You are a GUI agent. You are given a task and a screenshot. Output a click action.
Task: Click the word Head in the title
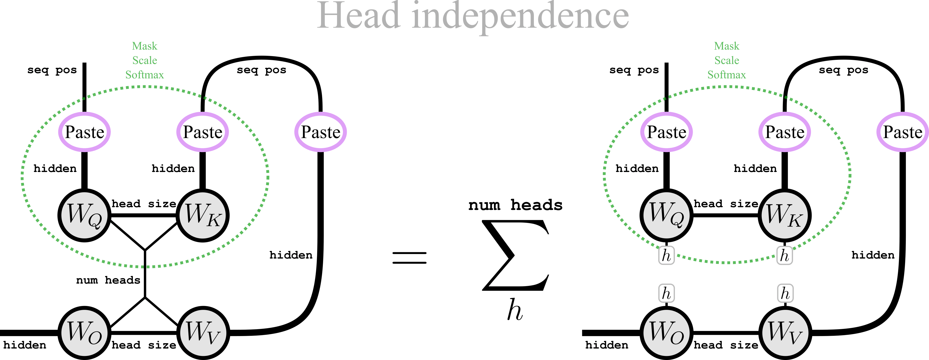(x=359, y=16)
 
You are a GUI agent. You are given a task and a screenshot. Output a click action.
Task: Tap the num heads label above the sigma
(x=515, y=205)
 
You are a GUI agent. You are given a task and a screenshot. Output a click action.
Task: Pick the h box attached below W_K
(x=784, y=255)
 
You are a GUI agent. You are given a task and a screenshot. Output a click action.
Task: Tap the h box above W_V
(x=785, y=293)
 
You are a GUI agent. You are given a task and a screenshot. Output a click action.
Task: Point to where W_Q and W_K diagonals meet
(x=145, y=250)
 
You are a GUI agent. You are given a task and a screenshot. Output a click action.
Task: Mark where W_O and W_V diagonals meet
(x=145, y=297)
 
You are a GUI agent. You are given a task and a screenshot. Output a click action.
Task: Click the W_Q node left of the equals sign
(x=84, y=215)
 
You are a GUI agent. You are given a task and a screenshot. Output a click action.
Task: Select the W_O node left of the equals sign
(x=84, y=332)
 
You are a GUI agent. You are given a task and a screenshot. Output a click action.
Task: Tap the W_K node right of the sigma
(x=785, y=215)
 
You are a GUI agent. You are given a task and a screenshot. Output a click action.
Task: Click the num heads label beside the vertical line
(x=108, y=280)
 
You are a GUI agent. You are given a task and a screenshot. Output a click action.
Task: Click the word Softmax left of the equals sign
(x=145, y=75)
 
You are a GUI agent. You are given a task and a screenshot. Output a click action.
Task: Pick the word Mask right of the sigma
(x=727, y=46)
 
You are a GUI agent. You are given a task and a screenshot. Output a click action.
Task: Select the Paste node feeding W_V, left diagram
(x=321, y=132)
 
